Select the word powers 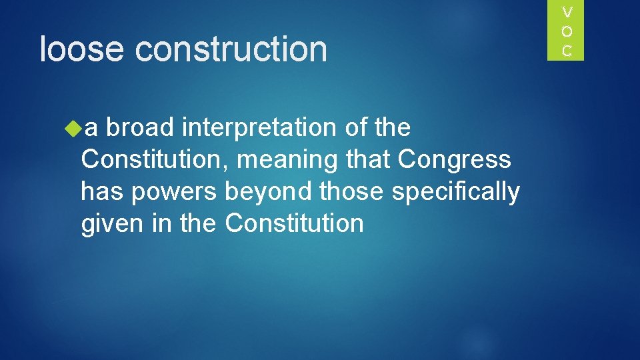pos(174,192)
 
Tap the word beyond pos(269,192)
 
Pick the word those pos(352,192)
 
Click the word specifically pos(456,192)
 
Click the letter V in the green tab pos(567,12)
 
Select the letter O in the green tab pos(567,31)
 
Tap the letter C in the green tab pos(567,50)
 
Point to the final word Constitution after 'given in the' pos(294,223)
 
